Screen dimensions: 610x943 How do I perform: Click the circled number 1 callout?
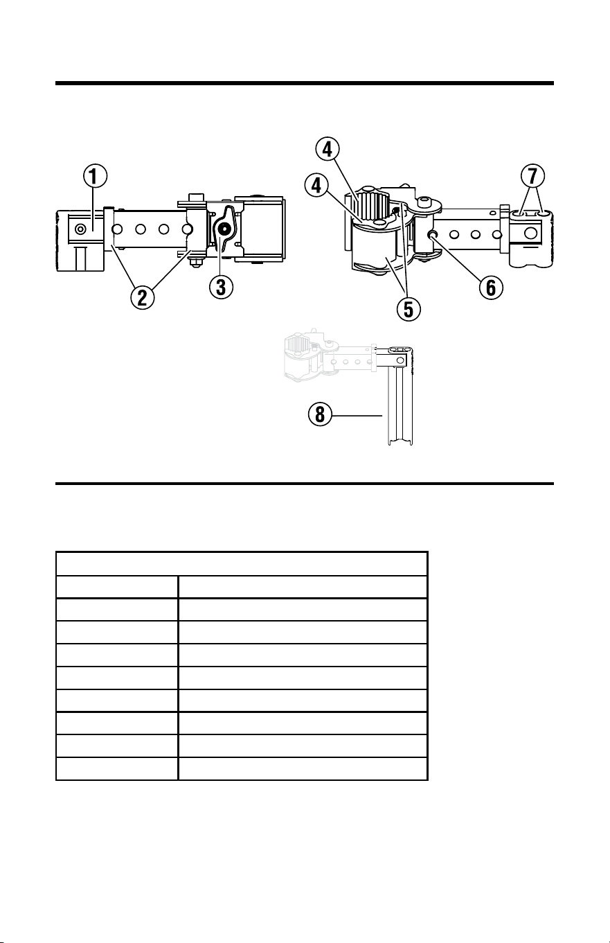tap(95, 176)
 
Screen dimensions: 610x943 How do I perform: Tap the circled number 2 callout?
tap(143, 297)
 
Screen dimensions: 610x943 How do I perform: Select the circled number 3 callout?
tap(222, 287)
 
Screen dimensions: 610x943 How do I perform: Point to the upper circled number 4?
tap(328, 149)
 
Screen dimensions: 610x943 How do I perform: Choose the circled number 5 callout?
tap(409, 309)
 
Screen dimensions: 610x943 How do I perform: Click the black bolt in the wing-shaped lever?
tap(224, 229)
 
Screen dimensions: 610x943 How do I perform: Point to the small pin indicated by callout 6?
tap(431, 234)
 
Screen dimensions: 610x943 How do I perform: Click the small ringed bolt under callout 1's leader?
tap(80, 229)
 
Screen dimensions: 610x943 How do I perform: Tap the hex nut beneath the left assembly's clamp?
tap(195, 263)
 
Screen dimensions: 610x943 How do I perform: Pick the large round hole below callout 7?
tap(531, 232)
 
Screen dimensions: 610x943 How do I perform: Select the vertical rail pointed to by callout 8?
tap(400, 404)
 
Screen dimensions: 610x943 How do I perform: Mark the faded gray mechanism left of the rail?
tap(328, 355)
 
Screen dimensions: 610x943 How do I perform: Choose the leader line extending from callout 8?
tap(357, 416)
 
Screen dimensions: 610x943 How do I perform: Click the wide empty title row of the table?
tap(242, 564)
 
